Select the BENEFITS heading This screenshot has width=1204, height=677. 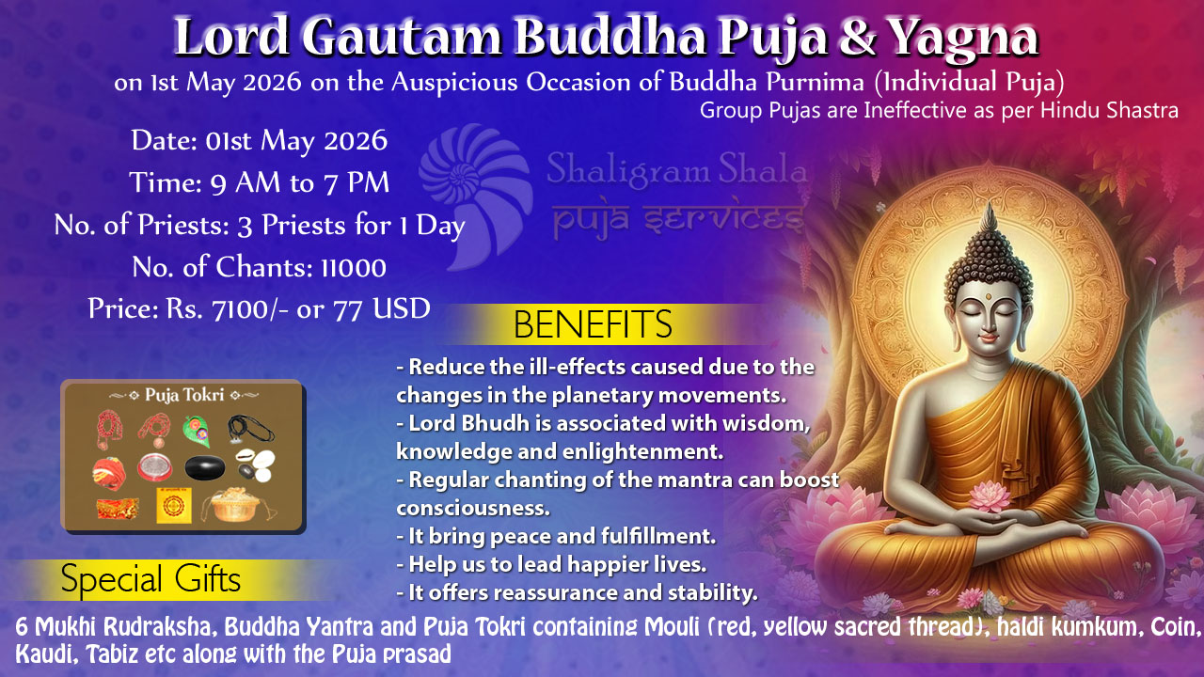click(593, 324)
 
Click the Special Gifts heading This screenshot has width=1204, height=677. click(150, 579)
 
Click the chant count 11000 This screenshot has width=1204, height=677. click(354, 268)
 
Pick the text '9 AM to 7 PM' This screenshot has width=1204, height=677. click(299, 182)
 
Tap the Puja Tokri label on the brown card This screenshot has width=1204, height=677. click(183, 395)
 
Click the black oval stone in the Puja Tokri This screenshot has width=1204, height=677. click(205, 467)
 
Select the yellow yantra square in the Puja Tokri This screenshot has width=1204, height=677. click(174, 506)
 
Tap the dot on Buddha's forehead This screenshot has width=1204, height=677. click(989, 296)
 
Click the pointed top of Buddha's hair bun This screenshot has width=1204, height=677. click(989, 203)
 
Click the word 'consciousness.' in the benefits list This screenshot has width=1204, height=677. click(473, 509)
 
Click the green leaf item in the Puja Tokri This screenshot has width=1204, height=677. click(197, 431)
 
